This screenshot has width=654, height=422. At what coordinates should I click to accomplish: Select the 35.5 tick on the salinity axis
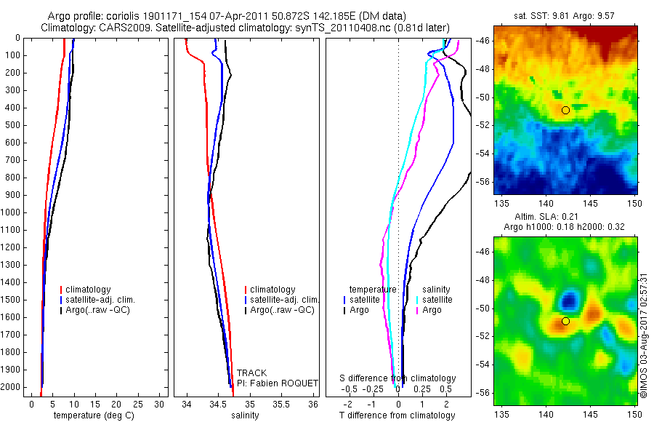280,403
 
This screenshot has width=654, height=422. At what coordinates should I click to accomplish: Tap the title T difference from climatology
397,415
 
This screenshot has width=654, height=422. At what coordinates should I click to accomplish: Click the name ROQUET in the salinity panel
291,383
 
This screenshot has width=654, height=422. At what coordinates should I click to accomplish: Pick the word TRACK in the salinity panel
251,373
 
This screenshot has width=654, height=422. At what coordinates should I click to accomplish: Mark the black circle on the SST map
565,110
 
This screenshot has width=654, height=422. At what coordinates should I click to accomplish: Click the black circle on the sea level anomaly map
565,321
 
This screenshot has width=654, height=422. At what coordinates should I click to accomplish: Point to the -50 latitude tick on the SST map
485,97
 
